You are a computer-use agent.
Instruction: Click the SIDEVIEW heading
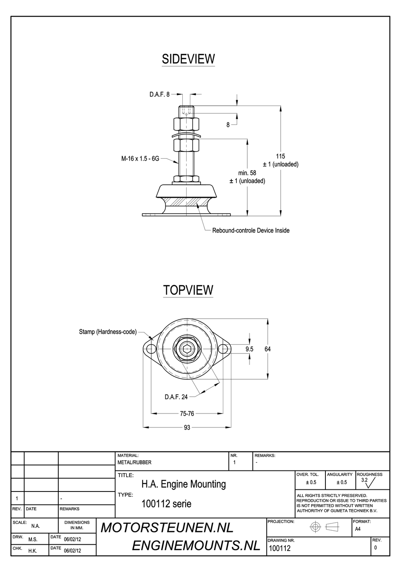click(188, 59)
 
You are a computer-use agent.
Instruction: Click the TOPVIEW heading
click(188, 290)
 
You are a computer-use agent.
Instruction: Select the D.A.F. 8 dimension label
click(159, 94)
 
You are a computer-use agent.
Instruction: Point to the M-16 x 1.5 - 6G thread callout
click(140, 159)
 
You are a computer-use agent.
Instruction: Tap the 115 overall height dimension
click(280, 157)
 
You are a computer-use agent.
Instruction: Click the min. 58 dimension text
click(247, 173)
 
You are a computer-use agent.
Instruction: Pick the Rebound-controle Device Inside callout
click(251, 230)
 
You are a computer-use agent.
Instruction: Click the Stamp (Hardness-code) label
click(108, 332)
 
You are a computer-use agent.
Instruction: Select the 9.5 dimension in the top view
click(249, 349)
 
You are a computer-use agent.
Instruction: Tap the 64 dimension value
click(268, 349)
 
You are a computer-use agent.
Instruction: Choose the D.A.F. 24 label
click(176, 397)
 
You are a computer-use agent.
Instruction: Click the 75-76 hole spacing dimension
click(187, 413)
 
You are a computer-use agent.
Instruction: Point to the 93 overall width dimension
click(187, 427)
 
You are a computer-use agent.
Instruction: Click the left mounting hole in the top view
click(150, 349)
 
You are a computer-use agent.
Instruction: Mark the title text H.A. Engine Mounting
click(184, 484)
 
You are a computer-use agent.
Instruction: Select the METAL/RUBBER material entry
click(134, 462)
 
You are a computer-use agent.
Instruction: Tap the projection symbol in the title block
click(324, 527)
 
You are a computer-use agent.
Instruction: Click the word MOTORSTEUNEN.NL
click(167, 528)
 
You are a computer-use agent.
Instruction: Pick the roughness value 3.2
click(364, 480)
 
